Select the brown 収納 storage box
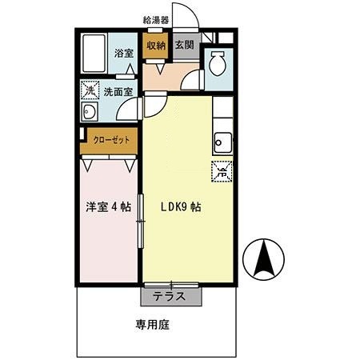pyautogui.click(x=155, y=47)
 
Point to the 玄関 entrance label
pyautogui.click(x=184, y=47)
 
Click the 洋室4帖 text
pyautogui.click(x=109, y=206)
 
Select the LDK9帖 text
pyautogui.click(x=180, y=206)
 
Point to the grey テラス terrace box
pyautogui.click(x=170, y=295)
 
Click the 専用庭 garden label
pyautogui.click(x=153, y=326)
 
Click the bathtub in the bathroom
pyautogui.click(x=94, y=53)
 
